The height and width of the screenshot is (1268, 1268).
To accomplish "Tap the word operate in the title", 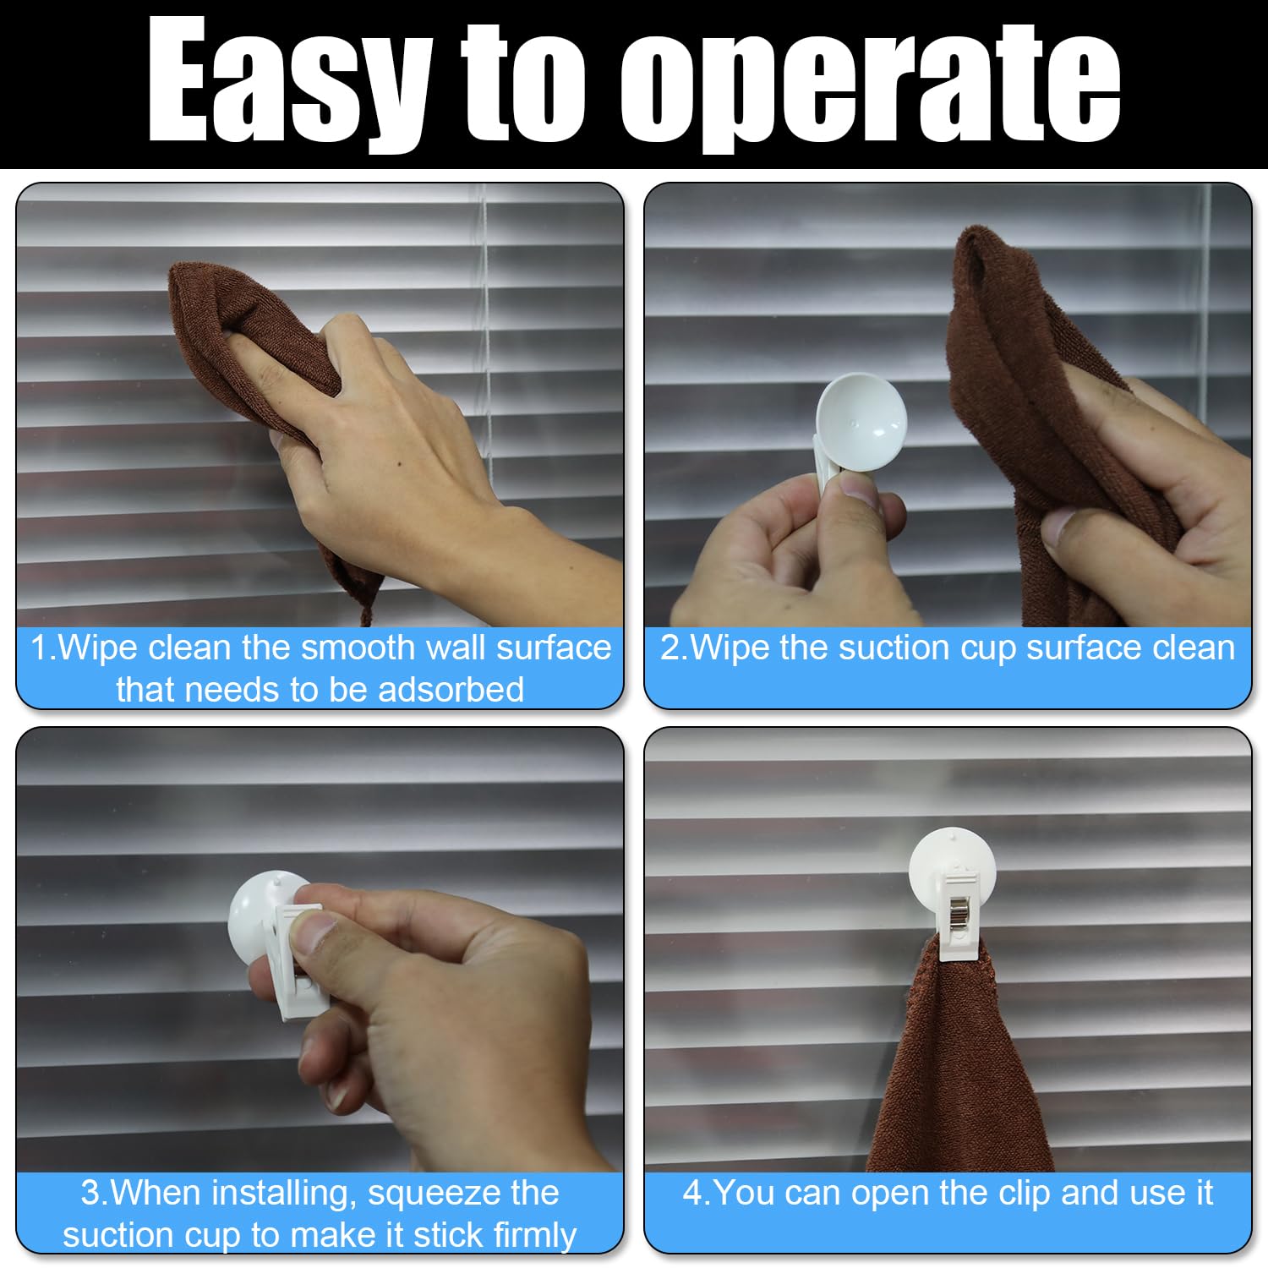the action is [871, 85].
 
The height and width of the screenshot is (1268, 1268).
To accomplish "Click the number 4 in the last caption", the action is [692, 1194].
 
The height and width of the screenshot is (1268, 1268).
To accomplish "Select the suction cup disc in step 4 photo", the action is [952, 866].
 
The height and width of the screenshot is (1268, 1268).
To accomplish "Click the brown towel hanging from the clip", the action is [963, 1065].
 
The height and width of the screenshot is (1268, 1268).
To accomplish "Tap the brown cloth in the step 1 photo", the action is [254, 355].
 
